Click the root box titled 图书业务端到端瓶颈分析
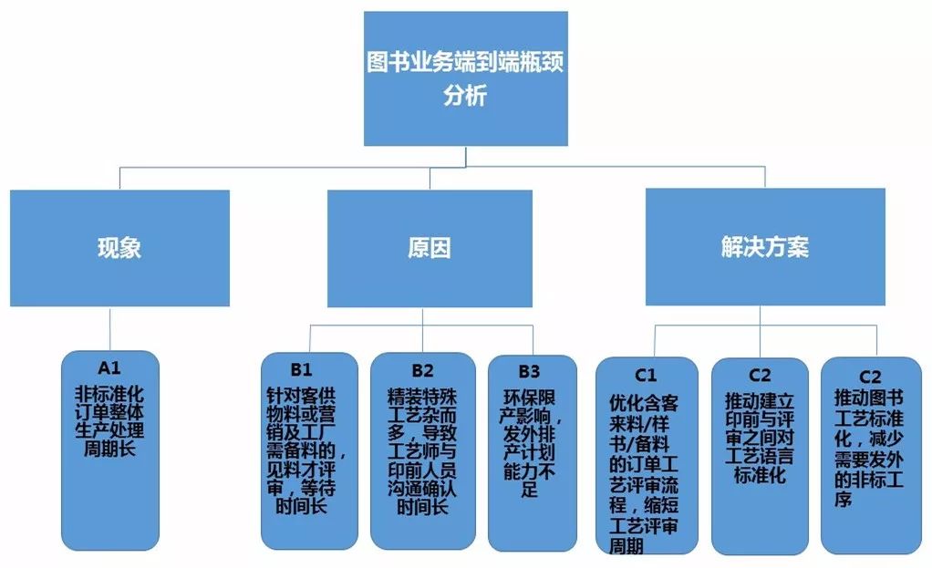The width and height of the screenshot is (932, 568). click(x=465, y=78)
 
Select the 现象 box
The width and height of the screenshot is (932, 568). click(x=119, y=247)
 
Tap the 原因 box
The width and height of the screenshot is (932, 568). click(x=430, y=247)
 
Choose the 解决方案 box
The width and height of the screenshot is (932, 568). click(x=764, y=247)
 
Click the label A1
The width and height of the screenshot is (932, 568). click(x=109, y=368)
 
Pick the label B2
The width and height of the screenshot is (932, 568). click(x=421, y=370)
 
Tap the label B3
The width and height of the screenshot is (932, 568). click(x=530, y=371)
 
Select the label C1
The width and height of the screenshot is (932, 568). click(x=646, y=374)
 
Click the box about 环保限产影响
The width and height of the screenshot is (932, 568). click(x=532, y=451)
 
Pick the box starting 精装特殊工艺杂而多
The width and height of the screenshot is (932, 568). click(x=422, y=451)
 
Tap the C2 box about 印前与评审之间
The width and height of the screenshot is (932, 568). click(x=760, y=456)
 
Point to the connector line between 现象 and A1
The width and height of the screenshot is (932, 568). click(x=109, y=328)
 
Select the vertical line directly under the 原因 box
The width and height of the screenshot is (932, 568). click(x=424, y=316)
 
